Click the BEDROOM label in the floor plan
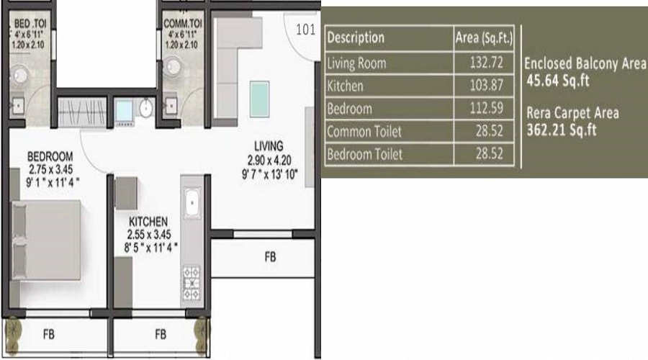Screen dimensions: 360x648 [50, 156]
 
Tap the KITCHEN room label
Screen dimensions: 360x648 [148, 220]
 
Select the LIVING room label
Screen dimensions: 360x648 [268, 145]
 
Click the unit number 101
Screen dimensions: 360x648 [306, 30]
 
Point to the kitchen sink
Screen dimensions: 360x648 [193, 204]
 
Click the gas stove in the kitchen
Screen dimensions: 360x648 [193, 282]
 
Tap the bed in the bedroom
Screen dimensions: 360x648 [45, 234]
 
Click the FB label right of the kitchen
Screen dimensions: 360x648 [269, 256]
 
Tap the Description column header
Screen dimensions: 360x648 [356, 37]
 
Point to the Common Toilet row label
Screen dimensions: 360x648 [364, 132]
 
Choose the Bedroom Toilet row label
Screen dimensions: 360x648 [365, 154]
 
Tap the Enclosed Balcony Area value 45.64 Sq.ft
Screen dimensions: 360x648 [558, 81]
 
